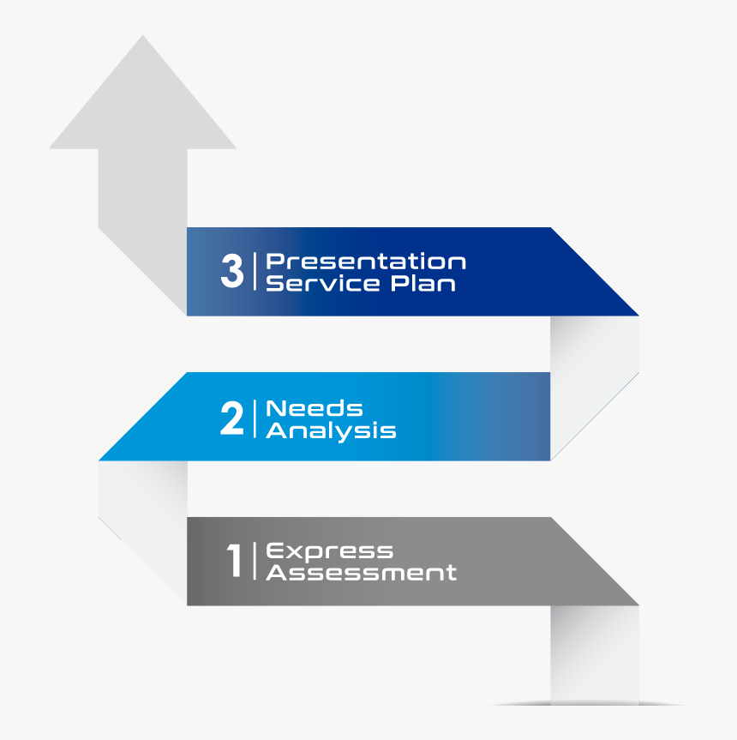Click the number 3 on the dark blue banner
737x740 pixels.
pyautogui.click(x=232, y=271)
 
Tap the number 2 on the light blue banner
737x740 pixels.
pyautogui.click(x=232, y=418)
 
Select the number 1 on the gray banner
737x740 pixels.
pyautogui.click(x=234, y=560)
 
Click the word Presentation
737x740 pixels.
pyautogui.click(x=365, y=262)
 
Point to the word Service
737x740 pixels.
pyautogui.click(x=322, y=283)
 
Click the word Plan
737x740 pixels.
pyautogui.click(x=423, y=283)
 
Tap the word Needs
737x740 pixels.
pyautogui.click(x=314, y=408)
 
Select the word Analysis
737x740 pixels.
pyautogui.click(x=331, y=431)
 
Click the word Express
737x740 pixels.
pyautogui.click(x=330, y=551)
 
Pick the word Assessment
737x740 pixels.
pyautogui.click(x=361, y=573)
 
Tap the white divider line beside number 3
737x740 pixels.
pyautogui.click(x=255, y=271)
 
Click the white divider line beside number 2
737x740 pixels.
pyautogui.click(x=255, y=418)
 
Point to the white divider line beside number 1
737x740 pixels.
pyautogui.click(x=255, y=561)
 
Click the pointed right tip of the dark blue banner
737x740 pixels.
pyautogui.click(x=638, y=316)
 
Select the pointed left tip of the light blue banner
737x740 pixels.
pyautogui.click(x=99, y=460)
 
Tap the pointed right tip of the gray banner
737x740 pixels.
pyautogui.click(x=638, y=605)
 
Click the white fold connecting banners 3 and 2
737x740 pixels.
pyautogui.click(x=595, y=373)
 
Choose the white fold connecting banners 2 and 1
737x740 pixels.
pyautogui.click(x=143, y=519)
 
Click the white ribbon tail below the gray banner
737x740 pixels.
pyautogui.click(x=595, y=655)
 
